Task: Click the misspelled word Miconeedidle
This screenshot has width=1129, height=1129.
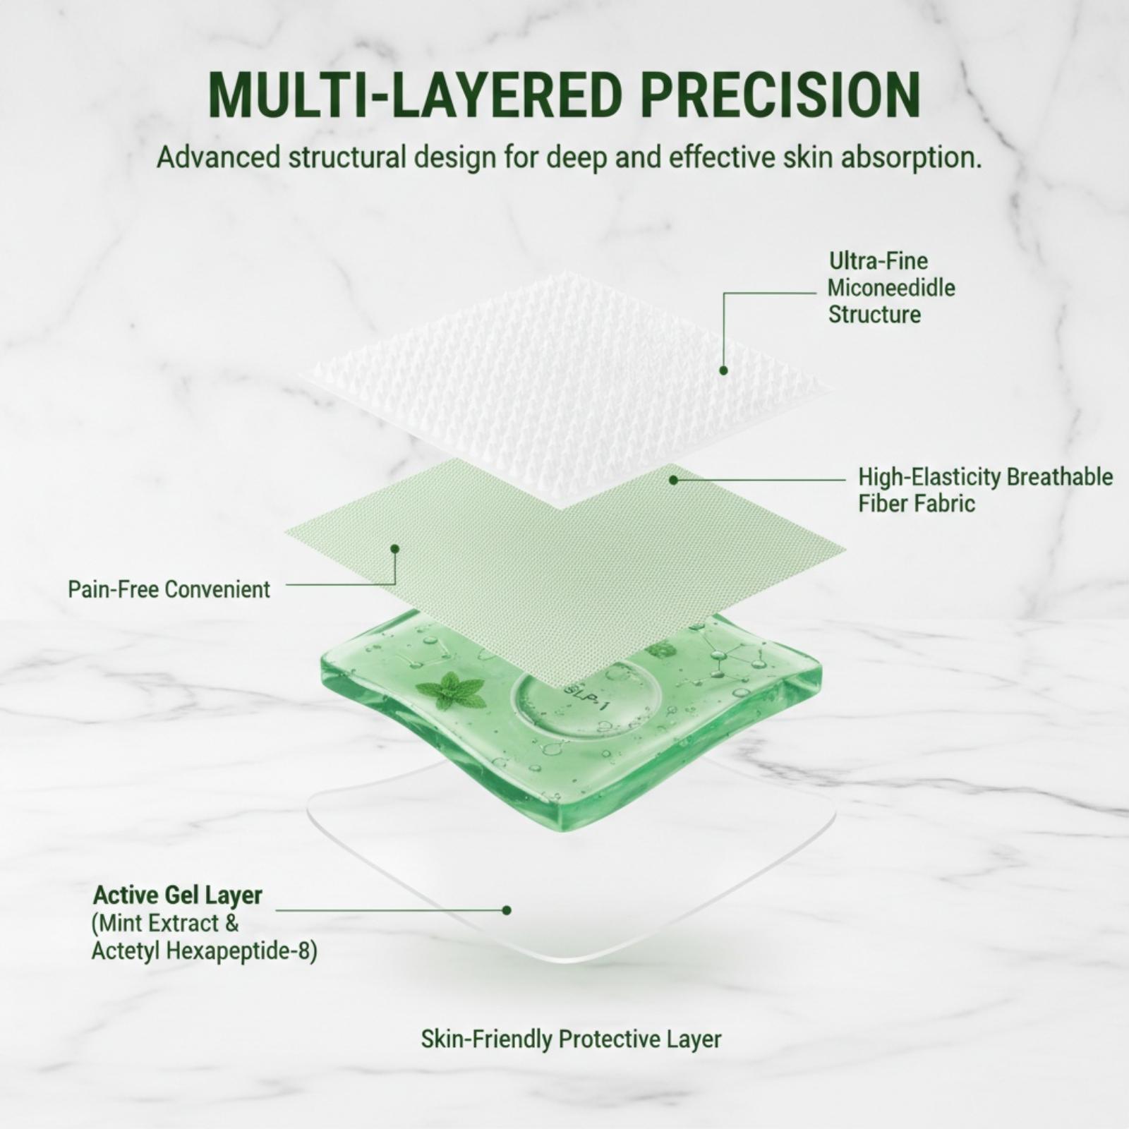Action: tap(891, 288)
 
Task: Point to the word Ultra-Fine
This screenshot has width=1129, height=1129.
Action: tap(879, 261)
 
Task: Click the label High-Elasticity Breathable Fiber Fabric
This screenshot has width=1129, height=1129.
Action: tap(985, 490)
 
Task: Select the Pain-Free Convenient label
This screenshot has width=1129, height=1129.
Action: tap(169, 589)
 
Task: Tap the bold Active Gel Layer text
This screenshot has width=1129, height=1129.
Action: tap(178, 895)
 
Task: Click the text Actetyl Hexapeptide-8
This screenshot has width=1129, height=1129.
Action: tap(204, 951)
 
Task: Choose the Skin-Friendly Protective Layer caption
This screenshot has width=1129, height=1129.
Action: tap(571, 1039)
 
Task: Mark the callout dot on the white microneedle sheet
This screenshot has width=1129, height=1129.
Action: tap(723, 370)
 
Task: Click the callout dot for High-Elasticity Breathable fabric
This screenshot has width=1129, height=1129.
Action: tap(673, 480)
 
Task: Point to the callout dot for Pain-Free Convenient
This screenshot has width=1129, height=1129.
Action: tap(395, 548)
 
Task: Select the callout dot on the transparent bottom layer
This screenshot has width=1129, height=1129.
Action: tap(506, 910)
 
